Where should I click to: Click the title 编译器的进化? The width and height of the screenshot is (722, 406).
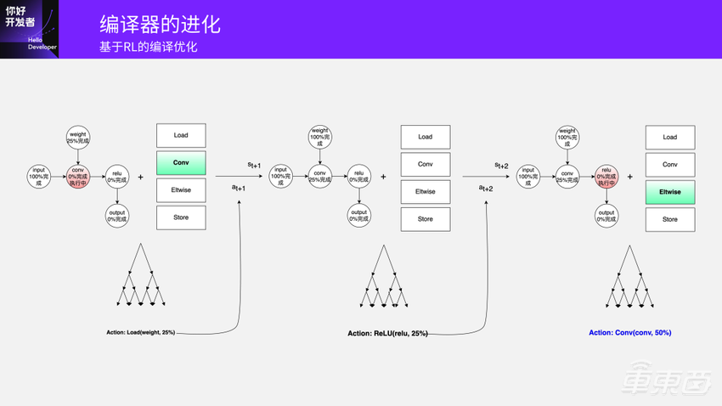[160, 23]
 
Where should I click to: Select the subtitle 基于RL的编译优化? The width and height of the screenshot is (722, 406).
[148, 47]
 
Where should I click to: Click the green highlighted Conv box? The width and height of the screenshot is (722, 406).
[181, 163]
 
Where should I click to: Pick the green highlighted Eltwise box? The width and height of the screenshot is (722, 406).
[669, 192]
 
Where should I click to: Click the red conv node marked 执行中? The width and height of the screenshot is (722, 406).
[77, 177]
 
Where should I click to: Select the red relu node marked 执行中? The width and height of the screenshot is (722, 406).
[606, 177]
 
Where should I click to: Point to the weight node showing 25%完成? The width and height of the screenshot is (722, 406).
[77, 136]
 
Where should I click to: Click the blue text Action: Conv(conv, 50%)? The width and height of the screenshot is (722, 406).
[629, 333]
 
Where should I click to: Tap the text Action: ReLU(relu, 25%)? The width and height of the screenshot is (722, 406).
[387, 334]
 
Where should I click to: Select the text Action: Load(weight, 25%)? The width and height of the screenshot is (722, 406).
[141, 332]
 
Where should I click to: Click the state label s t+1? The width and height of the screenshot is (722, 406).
[254, 165]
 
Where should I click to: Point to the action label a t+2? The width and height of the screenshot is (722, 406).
[485, 189]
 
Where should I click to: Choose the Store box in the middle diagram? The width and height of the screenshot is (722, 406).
[425, 219]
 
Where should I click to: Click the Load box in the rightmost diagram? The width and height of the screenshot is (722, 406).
[669, 137]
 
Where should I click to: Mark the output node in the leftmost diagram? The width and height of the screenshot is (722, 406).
[117, 216]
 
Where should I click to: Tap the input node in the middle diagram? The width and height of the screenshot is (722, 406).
[280, 177]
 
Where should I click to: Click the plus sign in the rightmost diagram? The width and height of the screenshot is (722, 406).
[629, 178]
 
